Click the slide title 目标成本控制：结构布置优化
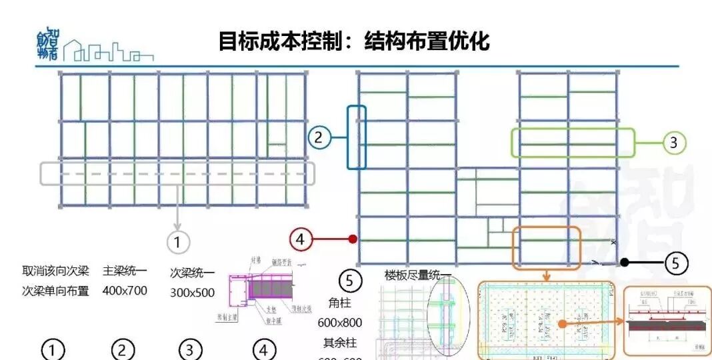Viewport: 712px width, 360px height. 354,41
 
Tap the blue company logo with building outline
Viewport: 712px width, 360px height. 93,47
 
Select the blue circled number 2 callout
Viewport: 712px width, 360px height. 319,138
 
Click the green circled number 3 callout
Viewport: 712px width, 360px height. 673,142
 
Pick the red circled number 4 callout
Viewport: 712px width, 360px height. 301,239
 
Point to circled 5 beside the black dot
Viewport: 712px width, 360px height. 675,263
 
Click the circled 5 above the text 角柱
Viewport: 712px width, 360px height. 350,281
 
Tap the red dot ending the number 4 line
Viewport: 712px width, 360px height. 353,239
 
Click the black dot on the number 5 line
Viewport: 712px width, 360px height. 624,263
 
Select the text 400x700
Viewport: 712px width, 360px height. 125,291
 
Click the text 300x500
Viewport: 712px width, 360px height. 193,292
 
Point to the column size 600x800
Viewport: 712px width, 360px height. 340,323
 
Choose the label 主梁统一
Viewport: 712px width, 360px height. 125,271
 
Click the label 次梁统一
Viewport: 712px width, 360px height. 193,273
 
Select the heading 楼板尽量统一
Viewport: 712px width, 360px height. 418,275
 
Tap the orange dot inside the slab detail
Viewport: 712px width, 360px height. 562,323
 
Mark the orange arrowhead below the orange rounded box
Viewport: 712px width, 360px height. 546,276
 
